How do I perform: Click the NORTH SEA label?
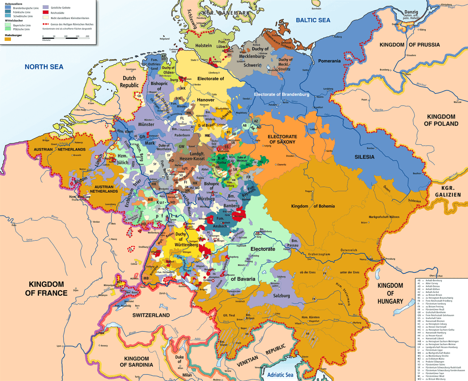(x=44, y=67)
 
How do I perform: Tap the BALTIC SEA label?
(x=313, y=20)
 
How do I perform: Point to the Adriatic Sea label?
(x=280, y=375)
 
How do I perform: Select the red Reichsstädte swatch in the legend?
(x=46, y=12)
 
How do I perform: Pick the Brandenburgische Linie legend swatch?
(x=8, y=7)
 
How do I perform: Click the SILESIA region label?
(x=365, y=157)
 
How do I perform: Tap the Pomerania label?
(x=330, y=61)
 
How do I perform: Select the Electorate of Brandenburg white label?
(x=281, y=95)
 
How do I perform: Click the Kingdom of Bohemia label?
(x=313, y=206)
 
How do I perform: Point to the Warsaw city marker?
(x=456, y=102)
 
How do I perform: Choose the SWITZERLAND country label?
(x=151, y=315)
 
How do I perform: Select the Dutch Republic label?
(x=129, y=81)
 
